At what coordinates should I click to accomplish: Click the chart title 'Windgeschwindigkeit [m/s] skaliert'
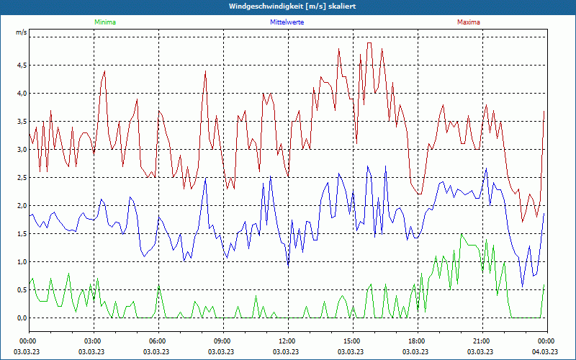coord(287,6)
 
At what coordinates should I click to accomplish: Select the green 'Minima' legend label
coord(104,22)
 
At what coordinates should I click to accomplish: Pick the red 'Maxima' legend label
coord(468,22)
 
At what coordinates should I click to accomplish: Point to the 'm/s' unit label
coord(22,32)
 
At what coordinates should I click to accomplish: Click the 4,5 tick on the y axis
coord(22,66)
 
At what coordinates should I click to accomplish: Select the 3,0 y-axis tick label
coord(22,150)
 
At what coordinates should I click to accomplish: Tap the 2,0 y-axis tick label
coord(22,206)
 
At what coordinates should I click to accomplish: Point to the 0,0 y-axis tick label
coord(22,318)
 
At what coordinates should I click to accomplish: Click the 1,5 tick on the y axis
coord(22,234)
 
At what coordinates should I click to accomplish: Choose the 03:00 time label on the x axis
coord(93,341)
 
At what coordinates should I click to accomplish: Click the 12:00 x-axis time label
coord(287,341)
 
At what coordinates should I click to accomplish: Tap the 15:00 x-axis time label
coord(352,341)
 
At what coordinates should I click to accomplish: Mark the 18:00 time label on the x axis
coord(417,341)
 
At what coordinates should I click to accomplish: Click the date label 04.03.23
coord(545,351)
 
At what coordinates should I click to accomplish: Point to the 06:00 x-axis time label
coord(158,341)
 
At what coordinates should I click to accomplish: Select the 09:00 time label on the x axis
coord(222,341)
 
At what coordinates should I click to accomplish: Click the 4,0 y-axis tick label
coord(22,94)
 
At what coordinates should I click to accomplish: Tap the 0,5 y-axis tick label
coord(22,290)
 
